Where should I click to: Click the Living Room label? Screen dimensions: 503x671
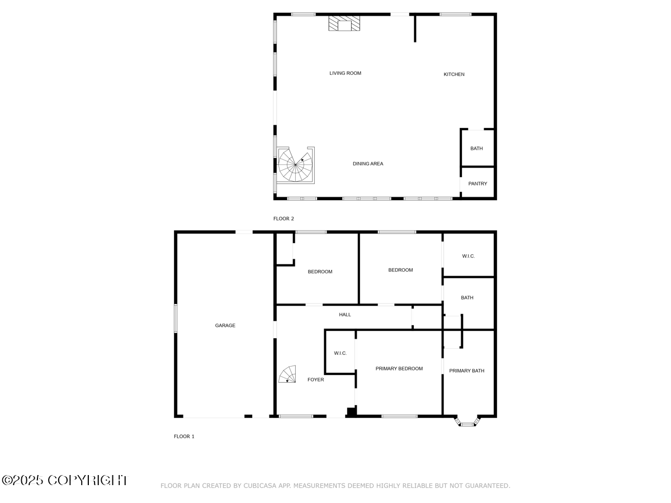(345, 73)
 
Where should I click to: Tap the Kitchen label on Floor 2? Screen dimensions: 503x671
(454, 74)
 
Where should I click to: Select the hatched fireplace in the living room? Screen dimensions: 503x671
(344, 23)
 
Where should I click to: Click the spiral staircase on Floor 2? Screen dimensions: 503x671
(295, 165)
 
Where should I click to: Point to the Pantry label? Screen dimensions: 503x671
(478, 184)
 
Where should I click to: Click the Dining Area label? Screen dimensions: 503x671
(368, 164)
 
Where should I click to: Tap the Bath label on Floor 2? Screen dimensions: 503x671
(476, 149)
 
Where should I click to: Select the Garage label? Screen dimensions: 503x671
(225, 325)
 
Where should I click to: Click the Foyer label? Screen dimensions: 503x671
(315, 380)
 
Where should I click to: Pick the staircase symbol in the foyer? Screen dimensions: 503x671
(289, 374)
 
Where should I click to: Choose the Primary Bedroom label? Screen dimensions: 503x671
(399, 369)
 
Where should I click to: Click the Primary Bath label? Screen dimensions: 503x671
(467, 371)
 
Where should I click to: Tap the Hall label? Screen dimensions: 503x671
(345, 315)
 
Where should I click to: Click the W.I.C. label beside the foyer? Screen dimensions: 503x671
(341, 353)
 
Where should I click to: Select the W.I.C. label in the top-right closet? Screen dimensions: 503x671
(469, 257)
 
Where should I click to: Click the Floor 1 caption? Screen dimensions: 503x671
(184, 436)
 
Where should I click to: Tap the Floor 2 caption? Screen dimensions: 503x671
(283, 219)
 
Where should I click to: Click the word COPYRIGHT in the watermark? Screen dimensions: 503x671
(87, 480)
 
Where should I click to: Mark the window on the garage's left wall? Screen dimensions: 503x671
(176, 319)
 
